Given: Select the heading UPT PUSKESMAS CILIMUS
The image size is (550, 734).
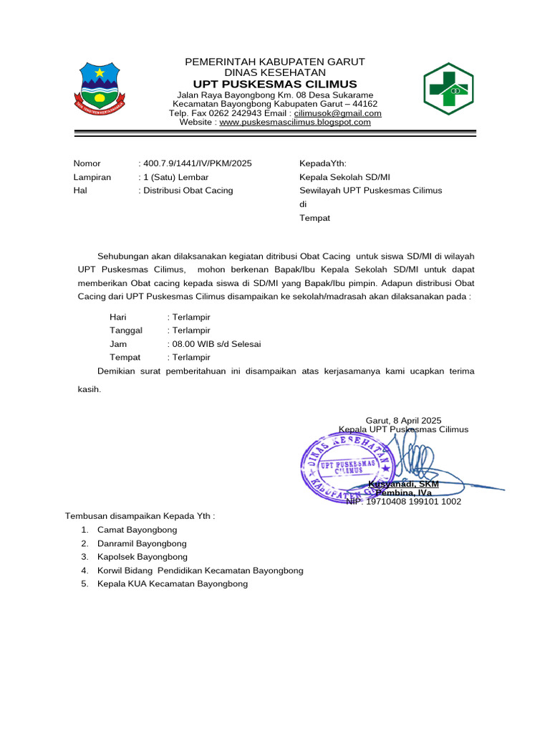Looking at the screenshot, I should point(275,84).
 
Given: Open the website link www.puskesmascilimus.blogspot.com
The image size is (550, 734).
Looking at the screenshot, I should point(295,123).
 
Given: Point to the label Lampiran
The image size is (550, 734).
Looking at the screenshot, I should point(92,177).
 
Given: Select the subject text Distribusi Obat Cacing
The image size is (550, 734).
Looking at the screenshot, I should point(188,191).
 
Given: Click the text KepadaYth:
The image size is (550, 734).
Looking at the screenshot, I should point(322,163).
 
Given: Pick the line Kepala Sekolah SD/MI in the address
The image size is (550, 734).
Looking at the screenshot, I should point(344,177).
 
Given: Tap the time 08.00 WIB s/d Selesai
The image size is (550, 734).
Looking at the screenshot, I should point(216,344).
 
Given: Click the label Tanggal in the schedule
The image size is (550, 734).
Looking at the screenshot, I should point(126,330).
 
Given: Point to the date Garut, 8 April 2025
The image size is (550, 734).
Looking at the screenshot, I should point(403,420).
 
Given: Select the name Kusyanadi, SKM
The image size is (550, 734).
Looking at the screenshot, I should point(403,484).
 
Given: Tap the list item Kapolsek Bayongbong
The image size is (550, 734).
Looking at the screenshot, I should point(137,557).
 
